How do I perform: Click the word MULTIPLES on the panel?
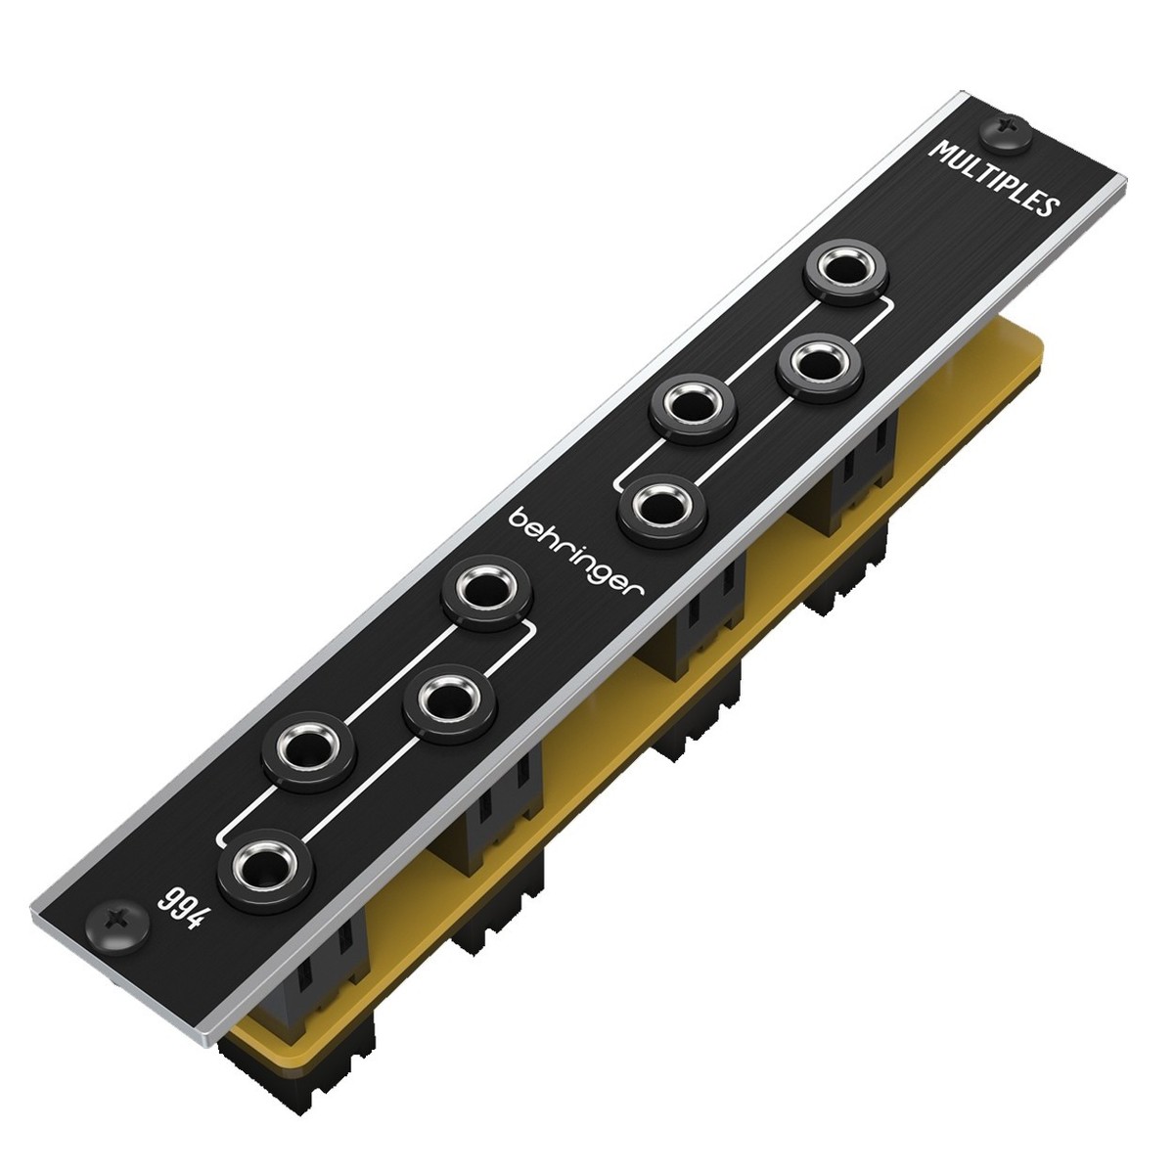tap(994, 182)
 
